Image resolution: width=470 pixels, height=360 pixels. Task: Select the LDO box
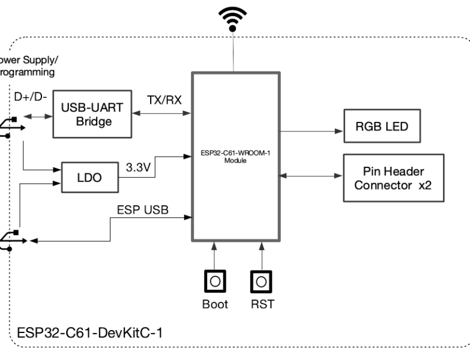click(89, 178)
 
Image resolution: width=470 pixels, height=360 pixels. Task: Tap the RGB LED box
click(381, 127)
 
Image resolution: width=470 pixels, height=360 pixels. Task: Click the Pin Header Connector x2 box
click(393, 178)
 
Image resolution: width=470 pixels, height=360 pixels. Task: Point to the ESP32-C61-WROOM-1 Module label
click(235, 157)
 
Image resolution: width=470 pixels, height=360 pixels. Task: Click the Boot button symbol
click(214, 281)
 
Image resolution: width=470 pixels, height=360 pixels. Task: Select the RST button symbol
click(261, 281)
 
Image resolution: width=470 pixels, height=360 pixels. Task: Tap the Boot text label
click(214, 304)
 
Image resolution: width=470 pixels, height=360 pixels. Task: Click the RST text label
click(262, 304)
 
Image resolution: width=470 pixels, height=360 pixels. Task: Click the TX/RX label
click(164, 100)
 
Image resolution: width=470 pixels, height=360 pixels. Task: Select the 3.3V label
click(137, 167)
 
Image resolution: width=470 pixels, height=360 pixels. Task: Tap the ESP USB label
click(142, 210)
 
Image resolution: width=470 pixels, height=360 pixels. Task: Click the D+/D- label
click(29, 97)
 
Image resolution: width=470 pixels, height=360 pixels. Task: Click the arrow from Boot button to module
click(214, 256)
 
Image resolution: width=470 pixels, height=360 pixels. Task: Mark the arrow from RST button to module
click(261, 256)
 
